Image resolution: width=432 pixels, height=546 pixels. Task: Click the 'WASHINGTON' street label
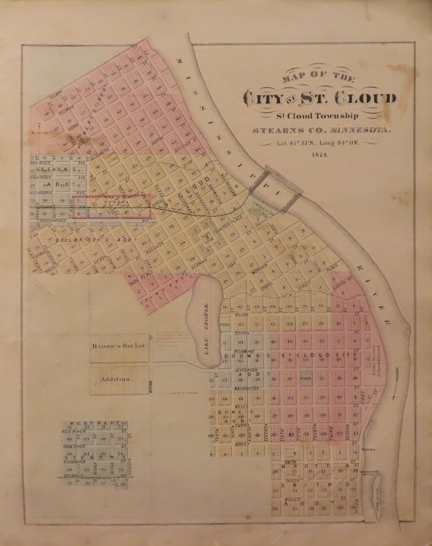pyautogui.click(x=247, y=390)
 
